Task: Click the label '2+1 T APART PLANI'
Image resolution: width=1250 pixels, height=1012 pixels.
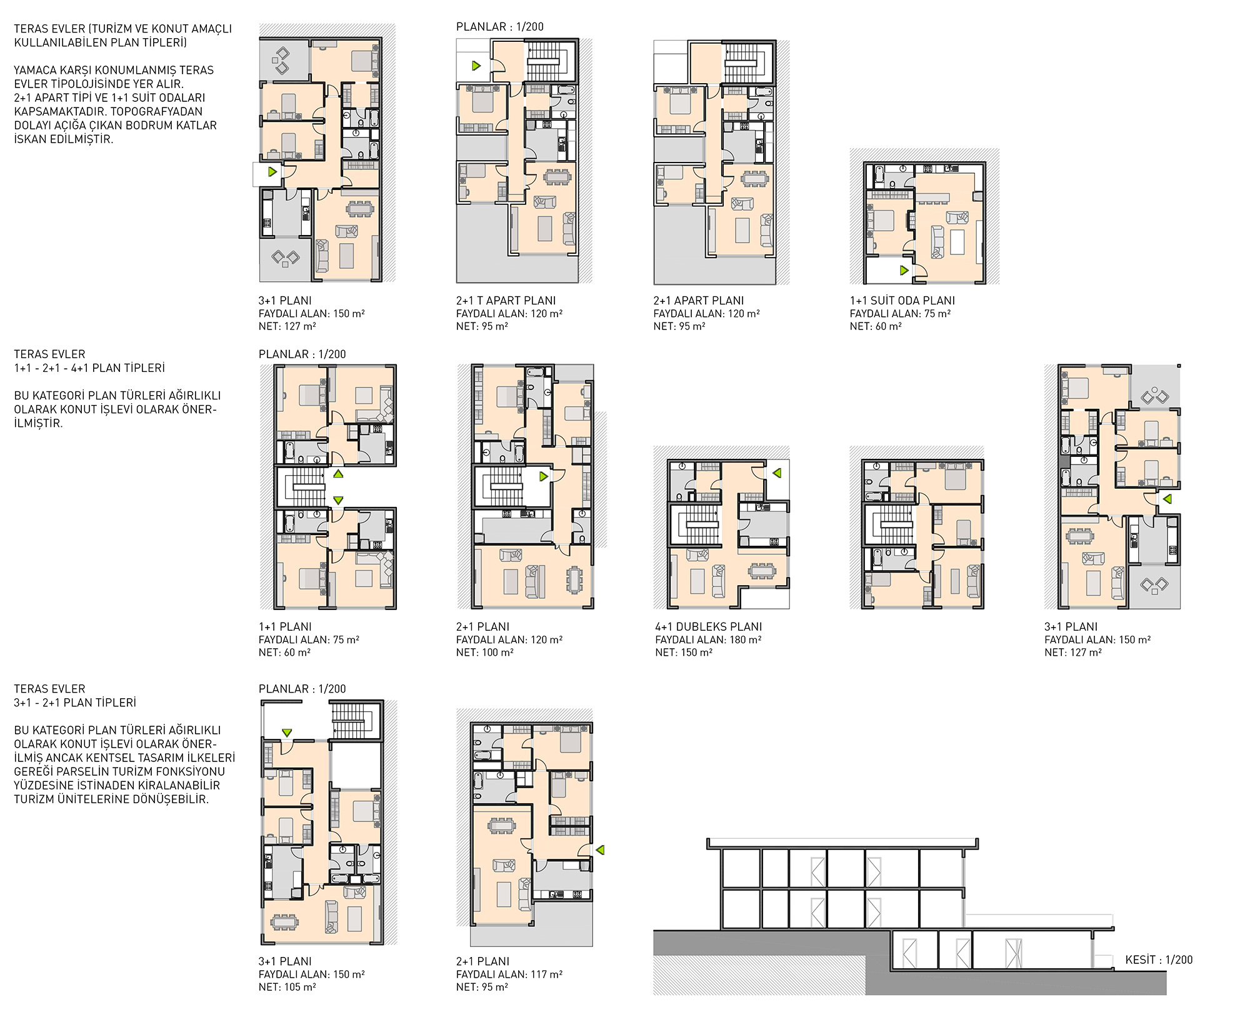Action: tap(506, 301)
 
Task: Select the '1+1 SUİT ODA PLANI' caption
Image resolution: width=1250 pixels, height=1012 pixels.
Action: tap(902, 301)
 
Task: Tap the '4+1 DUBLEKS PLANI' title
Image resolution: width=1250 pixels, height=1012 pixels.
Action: tap(708, 626)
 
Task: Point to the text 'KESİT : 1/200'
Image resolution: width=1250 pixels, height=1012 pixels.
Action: tap(1159, 959)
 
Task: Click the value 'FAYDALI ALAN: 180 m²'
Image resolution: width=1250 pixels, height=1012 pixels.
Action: tap(708, 639)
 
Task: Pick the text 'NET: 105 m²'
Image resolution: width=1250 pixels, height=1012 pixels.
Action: tap(287, 987)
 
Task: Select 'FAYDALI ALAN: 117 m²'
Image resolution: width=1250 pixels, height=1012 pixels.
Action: tap(509, 974)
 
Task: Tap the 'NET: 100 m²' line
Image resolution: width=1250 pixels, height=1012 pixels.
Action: tap(485, 652)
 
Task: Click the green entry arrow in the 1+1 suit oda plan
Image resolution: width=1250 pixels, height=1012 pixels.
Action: tap(904, 271)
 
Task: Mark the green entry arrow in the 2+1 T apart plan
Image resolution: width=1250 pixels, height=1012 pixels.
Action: tap(476, 65)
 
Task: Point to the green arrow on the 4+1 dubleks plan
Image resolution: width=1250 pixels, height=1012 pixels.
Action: tap(777, 473)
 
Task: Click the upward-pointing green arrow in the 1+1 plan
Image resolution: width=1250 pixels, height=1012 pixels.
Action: tap(338, 474)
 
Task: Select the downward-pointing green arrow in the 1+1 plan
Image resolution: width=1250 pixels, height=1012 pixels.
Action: tap(338, 500)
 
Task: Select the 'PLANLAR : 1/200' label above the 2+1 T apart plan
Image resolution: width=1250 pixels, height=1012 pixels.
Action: tap(500, 27)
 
